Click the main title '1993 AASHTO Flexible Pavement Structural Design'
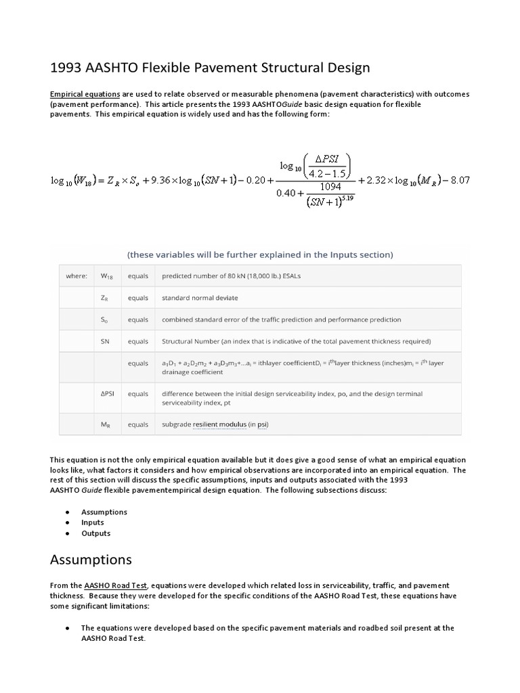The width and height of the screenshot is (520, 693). coord(211,68)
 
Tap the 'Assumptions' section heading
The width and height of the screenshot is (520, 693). coord(91,560)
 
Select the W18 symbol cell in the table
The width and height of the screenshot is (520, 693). coord(107,276)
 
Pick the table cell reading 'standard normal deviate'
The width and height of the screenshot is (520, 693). coord(200,298)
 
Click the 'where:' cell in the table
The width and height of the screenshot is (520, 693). coord(76,276)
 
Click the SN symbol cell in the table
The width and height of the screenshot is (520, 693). coord(106,341)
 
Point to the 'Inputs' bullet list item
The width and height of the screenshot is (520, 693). coord(93,522)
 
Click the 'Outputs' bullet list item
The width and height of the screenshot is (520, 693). coord(95,533)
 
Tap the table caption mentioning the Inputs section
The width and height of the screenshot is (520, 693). coord(260,254)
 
